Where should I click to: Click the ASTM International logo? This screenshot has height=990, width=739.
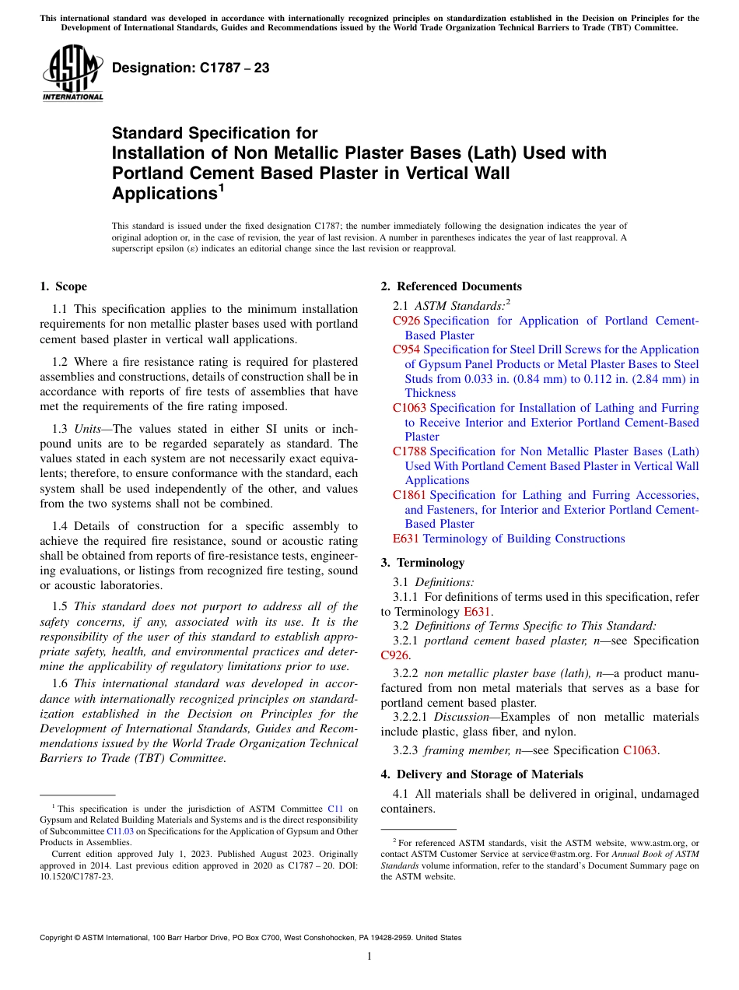click(x=72, y=73)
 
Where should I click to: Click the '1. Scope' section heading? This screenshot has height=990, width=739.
click(x=64, y=286)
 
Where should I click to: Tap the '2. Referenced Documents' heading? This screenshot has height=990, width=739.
click(x=451, y=286)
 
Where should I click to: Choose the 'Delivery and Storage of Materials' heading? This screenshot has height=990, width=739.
click(x=489, y=774)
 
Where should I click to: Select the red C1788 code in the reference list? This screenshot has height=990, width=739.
click(x=409, y=451)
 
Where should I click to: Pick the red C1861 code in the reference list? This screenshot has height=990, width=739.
click(x=409, y=495)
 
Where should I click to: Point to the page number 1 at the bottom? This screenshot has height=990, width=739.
click(x=369, y=957)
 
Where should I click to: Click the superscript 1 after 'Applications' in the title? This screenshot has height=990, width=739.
click(x=221, y=187)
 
